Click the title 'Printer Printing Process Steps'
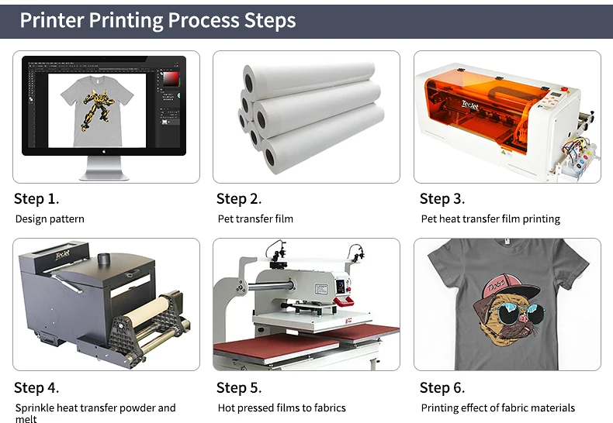coord(158,20)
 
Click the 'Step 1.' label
coord(36,198)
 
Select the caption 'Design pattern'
coord(50,219)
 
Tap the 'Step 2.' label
coord(239,198)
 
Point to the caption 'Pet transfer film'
coord(255,219)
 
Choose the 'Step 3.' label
coord(442,198)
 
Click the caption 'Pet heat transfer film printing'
coord(490,219)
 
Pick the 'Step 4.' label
coord(36,387)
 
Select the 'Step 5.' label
coord(239,387)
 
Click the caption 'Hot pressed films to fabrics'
coord(282,408)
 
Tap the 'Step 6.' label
coord(442,387)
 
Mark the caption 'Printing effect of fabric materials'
coord(497,408)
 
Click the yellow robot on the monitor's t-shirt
coord(97,111)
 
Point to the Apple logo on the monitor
coord(104,151)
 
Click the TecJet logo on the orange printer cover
coord(469,105)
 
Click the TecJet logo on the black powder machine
coord(62,255)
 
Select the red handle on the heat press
coord(344,301)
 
